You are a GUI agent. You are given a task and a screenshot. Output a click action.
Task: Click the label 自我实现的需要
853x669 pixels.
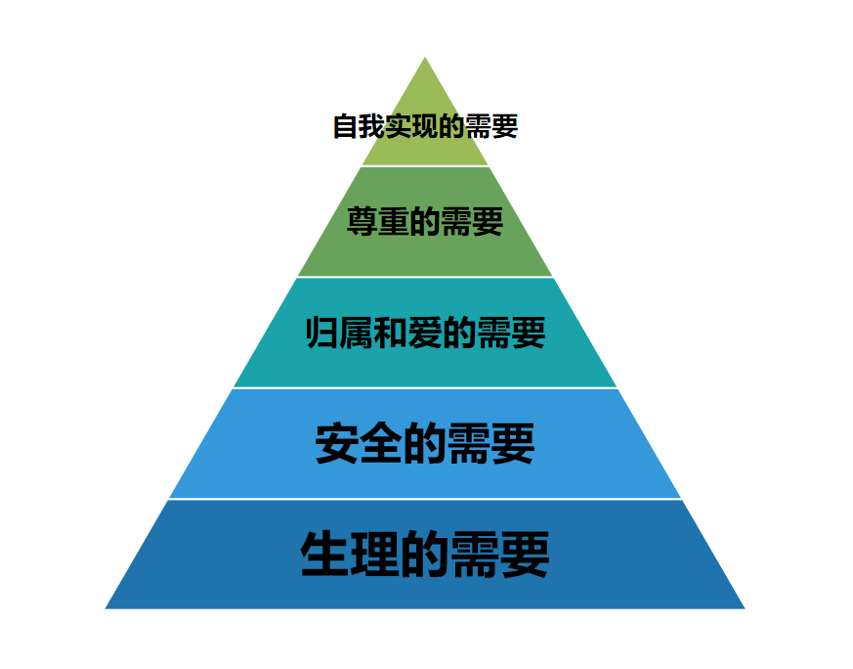pos(425,126)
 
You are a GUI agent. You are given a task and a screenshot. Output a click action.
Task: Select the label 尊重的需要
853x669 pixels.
pos(425,222)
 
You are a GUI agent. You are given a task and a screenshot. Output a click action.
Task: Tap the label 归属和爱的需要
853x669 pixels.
pos(425,332)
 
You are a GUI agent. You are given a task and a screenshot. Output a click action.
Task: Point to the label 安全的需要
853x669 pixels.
pos(425,443)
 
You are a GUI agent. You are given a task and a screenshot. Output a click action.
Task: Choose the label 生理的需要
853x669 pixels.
pos(425,555)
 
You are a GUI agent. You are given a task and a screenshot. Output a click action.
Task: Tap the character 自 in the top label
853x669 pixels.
pos(346,126)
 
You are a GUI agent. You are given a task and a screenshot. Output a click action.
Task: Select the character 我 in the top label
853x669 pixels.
pos(372,126)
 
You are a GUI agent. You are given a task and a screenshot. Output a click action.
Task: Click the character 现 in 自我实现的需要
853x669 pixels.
pos(425,126)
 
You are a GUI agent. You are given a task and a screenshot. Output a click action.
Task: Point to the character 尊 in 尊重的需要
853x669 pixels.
pos(363,222)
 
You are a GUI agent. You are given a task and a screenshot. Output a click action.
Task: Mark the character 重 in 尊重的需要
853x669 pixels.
pos(394,222)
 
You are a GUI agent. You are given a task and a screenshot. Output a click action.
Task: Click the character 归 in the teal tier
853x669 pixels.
pos(321,332)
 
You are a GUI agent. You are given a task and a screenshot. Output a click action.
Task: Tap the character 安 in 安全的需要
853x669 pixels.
pos(337,443)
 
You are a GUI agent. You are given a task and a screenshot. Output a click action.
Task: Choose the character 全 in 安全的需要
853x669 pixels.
pos(381,443)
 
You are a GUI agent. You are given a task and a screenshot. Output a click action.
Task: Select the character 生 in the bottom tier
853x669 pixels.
pos(324,555)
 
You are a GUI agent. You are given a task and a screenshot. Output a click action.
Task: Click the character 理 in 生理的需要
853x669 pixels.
pos(375,555)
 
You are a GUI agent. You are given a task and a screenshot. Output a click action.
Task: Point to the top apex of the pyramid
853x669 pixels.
pos(425,57)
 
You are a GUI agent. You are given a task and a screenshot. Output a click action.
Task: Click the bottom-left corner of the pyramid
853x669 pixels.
pos(105,608)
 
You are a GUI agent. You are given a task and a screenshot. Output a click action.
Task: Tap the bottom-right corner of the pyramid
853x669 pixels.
pos(745,608)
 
